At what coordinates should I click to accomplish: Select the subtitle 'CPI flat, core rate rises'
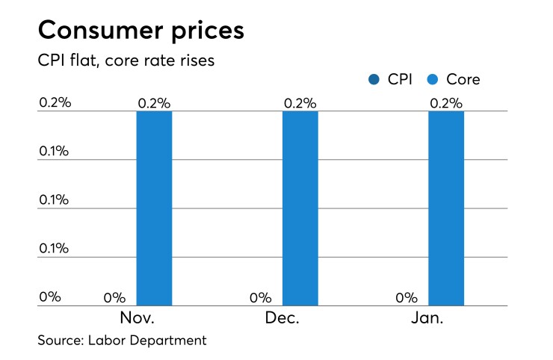coord(126,60)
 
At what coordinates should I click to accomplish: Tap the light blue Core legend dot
coord(433,79)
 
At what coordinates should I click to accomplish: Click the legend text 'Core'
coord(463,79)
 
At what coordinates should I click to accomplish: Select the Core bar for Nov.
coord(154,208)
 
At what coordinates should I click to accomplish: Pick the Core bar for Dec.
coord(300,208)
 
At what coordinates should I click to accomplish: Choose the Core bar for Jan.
coord(446,208)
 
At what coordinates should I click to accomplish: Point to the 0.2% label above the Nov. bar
coord(154,102)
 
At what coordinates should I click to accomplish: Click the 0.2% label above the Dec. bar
coord(300,102)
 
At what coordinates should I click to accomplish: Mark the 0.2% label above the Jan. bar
coord(446,102)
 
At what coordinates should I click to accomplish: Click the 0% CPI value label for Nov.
coord(114,297)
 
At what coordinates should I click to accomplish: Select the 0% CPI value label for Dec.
coord(260,297)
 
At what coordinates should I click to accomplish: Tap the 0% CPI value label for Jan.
coord(407,297)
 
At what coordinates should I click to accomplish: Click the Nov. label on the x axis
coord(137,317)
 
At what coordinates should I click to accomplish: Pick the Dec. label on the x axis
coord(282,317)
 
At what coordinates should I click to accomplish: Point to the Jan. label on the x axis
coord(428,317)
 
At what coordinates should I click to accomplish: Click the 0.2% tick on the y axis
coord(55,102)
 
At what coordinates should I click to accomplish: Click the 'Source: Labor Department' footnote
coord(121,341)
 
